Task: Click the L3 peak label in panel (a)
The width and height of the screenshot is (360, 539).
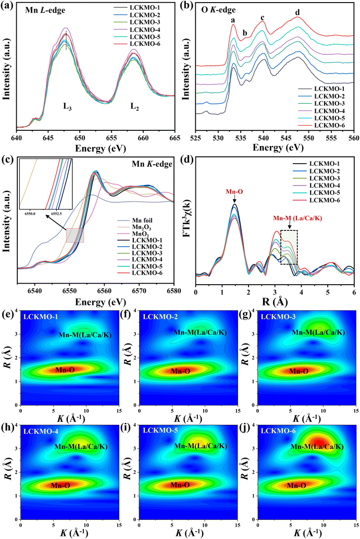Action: [67, 106]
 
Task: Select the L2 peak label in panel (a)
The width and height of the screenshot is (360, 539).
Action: [134, 106]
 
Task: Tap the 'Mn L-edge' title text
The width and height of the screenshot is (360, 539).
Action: [45, 10]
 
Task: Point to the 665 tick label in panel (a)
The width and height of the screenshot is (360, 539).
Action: [175, 138]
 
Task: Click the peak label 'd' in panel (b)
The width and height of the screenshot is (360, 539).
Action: [297, 13]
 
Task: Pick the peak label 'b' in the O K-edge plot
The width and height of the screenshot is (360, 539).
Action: [245, 33]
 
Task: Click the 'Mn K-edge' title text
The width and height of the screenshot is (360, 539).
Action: [152, 164]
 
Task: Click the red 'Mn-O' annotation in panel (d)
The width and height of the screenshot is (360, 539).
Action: [234, 191]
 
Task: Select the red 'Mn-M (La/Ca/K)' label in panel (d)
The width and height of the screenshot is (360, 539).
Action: [297, 218]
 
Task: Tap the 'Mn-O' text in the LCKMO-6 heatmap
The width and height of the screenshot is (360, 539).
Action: [296, 485]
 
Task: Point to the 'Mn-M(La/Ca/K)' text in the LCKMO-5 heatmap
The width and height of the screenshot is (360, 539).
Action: [201, 446]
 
